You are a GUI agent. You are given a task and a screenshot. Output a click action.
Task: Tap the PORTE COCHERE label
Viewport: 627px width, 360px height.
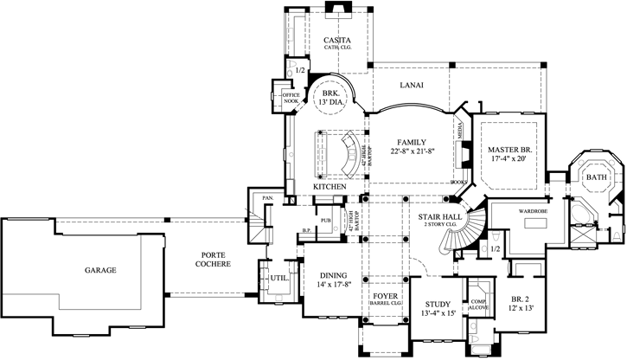click(x=212, y=259)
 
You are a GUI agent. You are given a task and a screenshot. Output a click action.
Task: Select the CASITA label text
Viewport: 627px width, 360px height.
click(x=336, y=41)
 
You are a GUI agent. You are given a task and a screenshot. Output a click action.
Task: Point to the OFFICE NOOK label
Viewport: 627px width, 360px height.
click(x=285, y=97)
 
